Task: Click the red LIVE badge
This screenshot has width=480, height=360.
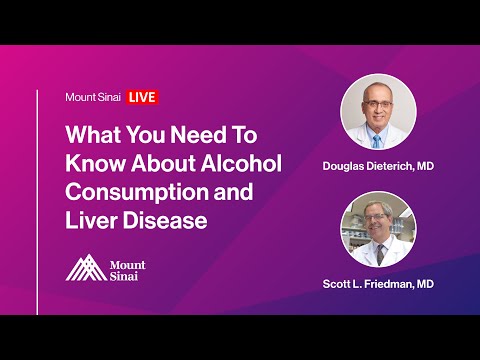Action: coord(143,97)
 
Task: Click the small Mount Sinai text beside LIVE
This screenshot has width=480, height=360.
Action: coord(94,97)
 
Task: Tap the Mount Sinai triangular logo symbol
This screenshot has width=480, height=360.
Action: coord(83,267)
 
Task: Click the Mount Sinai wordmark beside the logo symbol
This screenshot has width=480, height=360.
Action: coord(127,268)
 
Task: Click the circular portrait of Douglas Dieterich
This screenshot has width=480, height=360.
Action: coord(379,112)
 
